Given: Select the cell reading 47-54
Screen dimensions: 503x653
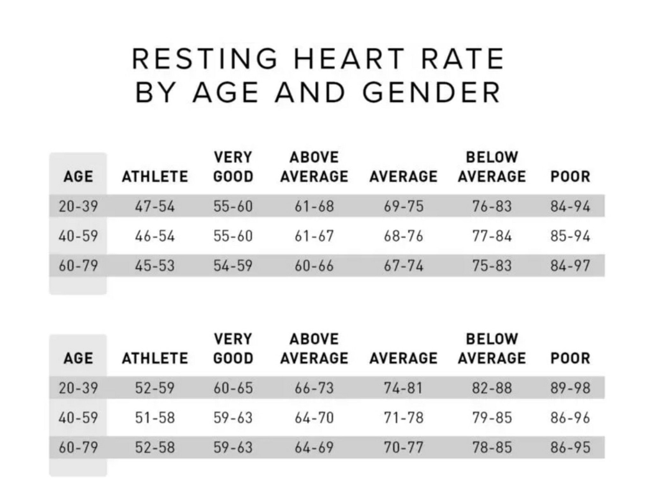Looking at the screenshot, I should (155, 206).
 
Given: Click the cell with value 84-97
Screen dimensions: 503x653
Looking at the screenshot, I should (570, 266).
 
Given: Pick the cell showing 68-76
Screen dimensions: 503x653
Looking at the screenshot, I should (403, 236).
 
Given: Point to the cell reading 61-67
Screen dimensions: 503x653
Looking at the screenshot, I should (314, 236).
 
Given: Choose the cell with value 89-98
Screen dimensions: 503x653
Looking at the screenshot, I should (570, 388).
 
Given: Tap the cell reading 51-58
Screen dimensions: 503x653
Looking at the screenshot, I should (155, 418).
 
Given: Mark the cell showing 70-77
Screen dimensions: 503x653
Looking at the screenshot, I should (403, 447).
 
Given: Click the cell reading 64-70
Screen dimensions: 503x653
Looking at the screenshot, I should (314, 418).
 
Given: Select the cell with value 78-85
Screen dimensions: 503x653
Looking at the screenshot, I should (492, 447).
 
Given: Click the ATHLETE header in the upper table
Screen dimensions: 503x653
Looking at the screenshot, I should (155, 177).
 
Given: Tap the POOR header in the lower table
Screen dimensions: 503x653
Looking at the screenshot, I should (570, 358).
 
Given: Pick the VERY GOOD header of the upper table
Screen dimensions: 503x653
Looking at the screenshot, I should (233, 167).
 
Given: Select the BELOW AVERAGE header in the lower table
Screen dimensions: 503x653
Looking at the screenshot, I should (492, 349).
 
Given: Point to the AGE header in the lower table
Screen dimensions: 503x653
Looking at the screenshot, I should (78, 358).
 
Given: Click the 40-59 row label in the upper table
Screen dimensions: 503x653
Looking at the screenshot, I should (78, 236).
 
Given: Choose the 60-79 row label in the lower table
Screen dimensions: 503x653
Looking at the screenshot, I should (78, 447).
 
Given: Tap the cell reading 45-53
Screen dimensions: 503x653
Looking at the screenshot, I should (155, 266).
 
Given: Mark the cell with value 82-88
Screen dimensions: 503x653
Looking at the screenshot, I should (492, 388).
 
